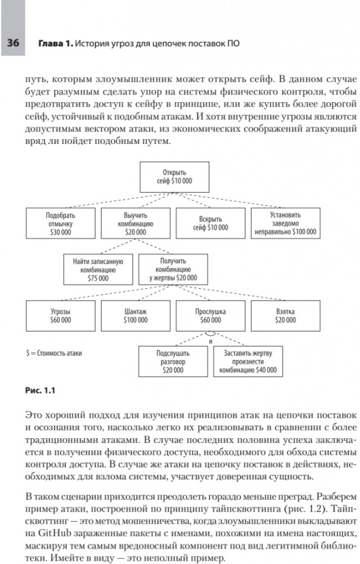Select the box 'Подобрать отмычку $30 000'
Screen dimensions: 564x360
tap(60, 223)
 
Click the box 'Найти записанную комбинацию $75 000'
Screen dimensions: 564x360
tap(98, 270)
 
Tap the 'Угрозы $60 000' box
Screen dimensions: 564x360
tap(60, 315)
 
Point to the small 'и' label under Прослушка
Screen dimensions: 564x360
tap(211, 341)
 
